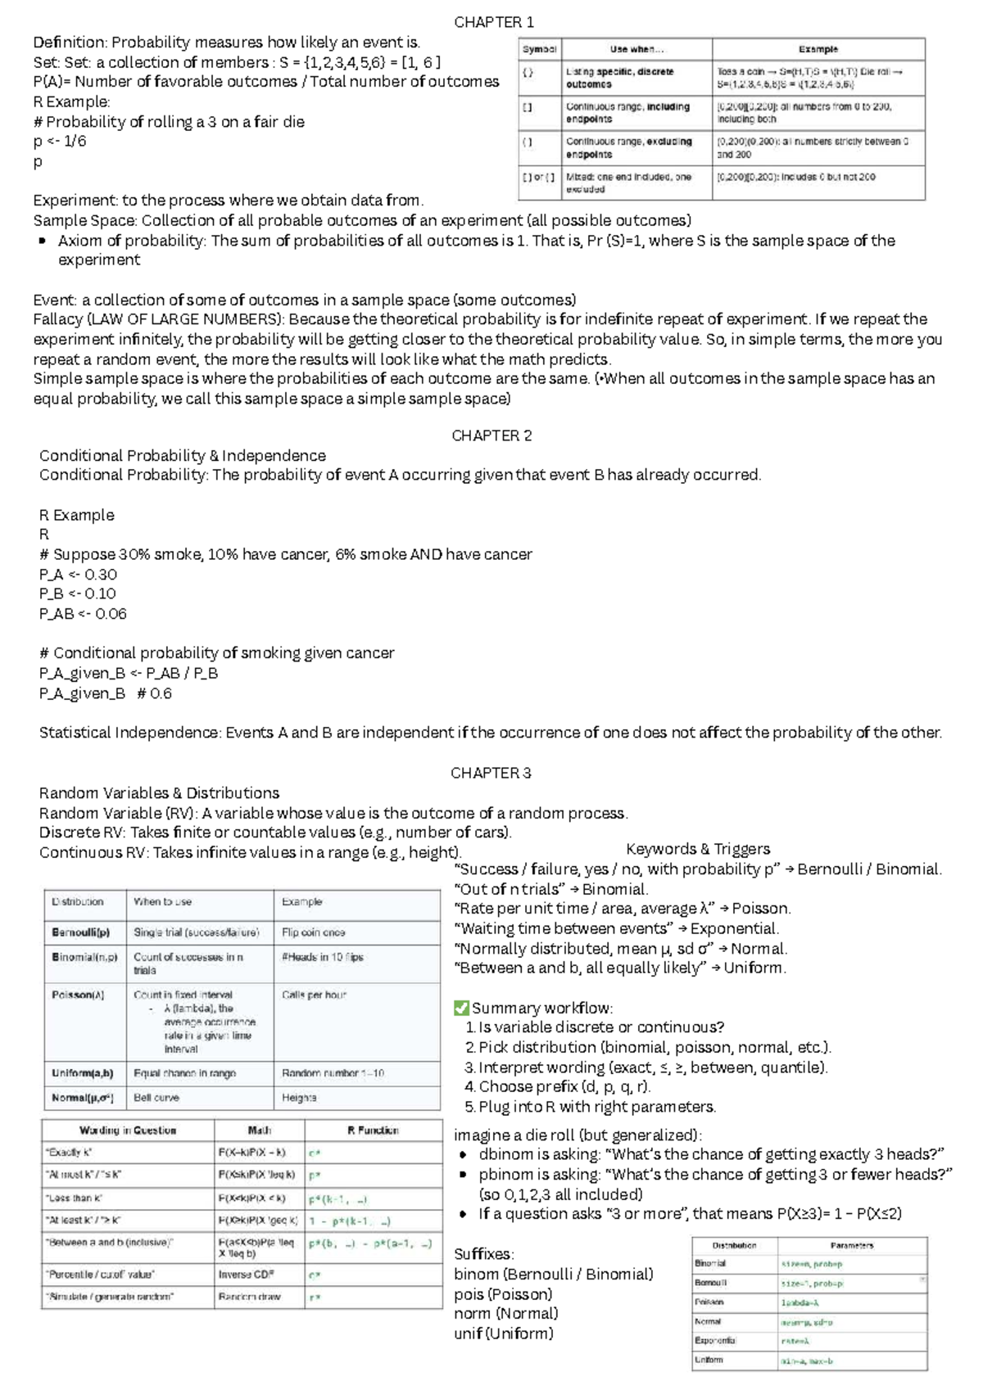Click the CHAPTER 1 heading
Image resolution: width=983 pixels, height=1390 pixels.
[x=493, y=22]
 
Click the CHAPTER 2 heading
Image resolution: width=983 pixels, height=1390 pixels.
[x=491, y=436]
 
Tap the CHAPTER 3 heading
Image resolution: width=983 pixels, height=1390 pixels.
[x=491, y=773]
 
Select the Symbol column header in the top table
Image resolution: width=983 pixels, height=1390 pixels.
[x=539, y=49]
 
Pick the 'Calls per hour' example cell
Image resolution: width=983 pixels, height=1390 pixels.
[x=314, y=995]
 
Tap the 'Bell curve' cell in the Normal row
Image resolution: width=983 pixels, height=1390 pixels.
[x=156, y=1098]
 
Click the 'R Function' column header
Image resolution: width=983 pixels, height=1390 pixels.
[x=373, y=1131]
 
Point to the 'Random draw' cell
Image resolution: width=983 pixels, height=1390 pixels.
[x=249, y=1297]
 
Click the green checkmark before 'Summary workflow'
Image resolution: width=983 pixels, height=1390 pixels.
[x=461, y=1008]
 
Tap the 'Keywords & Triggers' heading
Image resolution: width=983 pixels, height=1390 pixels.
[x=698, y=849]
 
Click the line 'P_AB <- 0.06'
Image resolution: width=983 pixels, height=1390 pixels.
[x=83, y=614]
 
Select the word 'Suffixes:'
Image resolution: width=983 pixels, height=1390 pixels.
[x=482, y=1254]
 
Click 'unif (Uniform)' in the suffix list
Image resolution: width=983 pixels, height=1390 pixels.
[x=503, y=1334]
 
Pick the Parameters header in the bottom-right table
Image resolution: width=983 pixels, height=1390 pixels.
[x=852, y=1245]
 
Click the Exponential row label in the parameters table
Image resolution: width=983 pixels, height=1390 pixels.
[x=714, y=1341]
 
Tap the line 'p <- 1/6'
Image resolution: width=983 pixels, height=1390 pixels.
[x=59, y=141]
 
